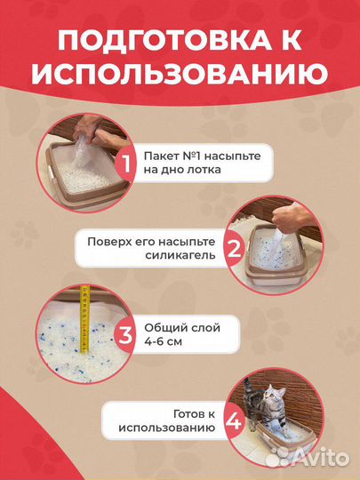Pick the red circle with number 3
pyautogui.click(x=125, y=336)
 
